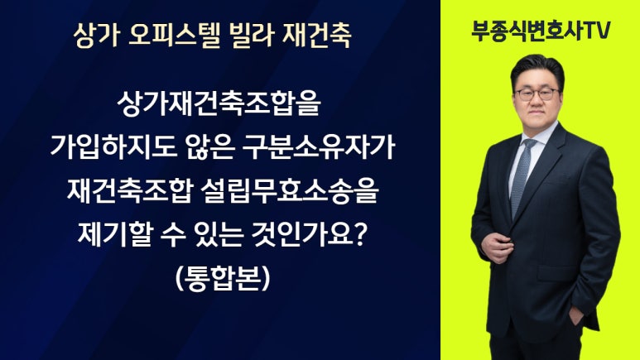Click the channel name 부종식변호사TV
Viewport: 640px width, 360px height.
(x=541, y=31)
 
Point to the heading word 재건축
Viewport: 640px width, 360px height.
(x=317, y=36)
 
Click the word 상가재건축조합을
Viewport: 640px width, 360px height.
(x=219, y=103)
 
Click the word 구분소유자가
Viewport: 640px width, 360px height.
(x=319, y=147)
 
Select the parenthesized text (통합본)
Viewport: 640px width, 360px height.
(x=223, y=278)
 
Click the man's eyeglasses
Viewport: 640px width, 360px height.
(x=537, y=94)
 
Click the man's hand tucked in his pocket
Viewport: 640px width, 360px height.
(x=576, y=314)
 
